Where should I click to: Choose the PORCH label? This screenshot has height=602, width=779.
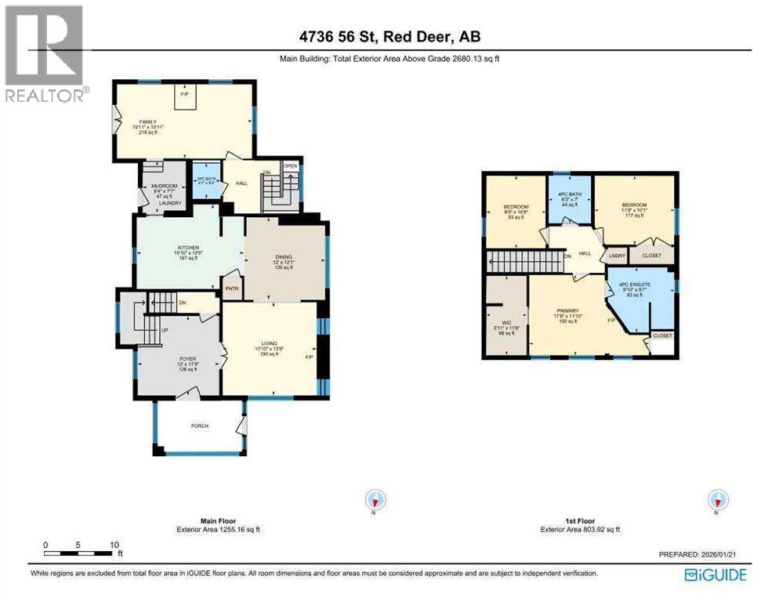[200, 426]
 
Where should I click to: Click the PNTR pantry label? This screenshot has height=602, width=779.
[231, 288]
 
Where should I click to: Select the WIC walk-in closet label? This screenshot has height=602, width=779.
[506, 322]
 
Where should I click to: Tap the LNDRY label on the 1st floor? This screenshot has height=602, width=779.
[616, 256]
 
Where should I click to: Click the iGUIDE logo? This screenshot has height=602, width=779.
[715, 575]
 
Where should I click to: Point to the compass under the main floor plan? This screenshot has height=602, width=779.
[377, 499]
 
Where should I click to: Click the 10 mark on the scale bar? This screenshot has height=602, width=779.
[114, 544]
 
